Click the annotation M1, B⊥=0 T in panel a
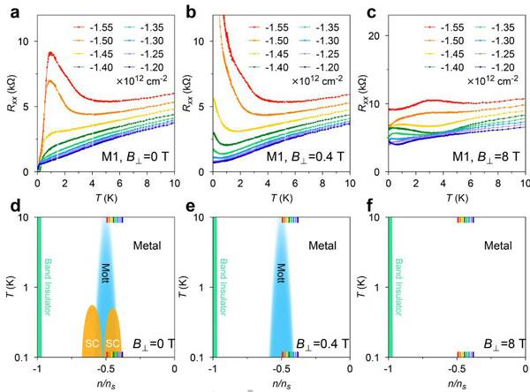(133, 159)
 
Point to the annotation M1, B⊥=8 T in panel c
(485, 159)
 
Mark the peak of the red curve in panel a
(51, 54)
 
